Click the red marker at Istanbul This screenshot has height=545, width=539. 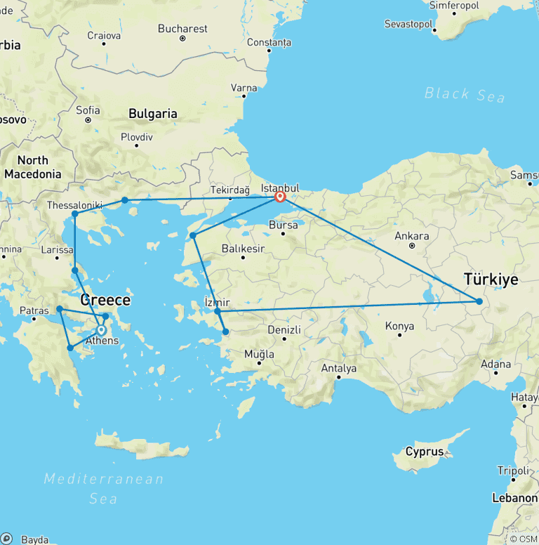[280, 197]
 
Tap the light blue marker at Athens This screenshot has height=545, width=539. [101, 330]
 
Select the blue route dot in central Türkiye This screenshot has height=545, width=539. [479, 301]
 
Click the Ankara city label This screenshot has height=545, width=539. [412, 236]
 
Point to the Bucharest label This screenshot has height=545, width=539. [183, 29]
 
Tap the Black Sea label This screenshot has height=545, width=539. [465, 94]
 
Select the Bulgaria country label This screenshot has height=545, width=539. [152, 114]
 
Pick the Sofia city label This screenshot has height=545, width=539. [88, 110]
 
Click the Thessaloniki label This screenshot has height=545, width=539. [74, 205]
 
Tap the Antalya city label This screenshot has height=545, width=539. [338, 368]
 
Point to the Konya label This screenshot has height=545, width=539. [399, 326]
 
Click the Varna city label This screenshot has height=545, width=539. [244, 88]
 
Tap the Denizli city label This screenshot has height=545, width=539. [285, 330]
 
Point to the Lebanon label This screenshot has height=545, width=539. [514, 497]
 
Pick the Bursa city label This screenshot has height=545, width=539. [284, 225]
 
